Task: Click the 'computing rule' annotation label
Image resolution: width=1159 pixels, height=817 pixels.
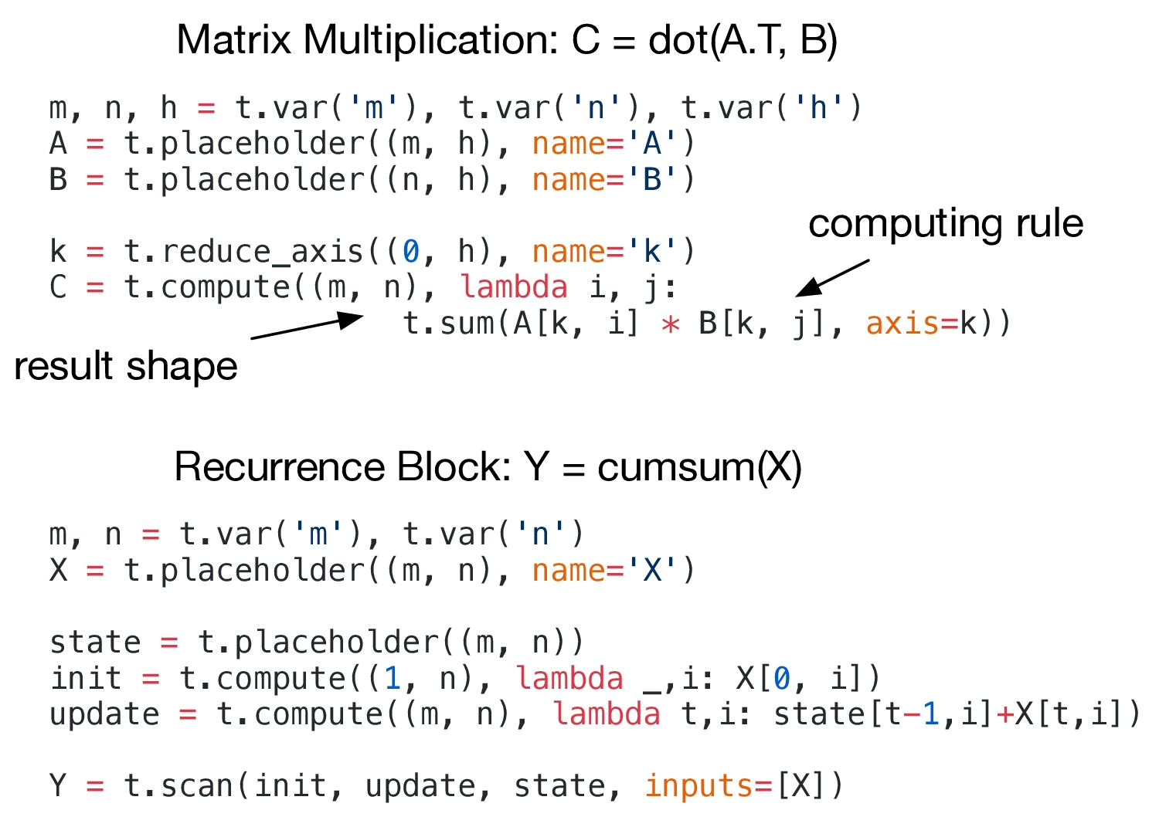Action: [946, 224]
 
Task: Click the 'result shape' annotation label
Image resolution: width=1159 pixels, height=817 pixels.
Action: [126, 366]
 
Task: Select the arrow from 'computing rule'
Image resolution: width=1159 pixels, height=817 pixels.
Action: [833, 278]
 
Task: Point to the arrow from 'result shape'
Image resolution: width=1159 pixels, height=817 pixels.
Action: [307, 327]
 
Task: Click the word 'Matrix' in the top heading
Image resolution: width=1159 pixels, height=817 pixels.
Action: [234, 40]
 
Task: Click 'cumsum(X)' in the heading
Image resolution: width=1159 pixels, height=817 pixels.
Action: [699, 467]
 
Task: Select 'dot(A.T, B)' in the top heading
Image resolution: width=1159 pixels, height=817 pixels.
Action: [743, 40]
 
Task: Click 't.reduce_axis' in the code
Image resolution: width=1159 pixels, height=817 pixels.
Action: [244, 252]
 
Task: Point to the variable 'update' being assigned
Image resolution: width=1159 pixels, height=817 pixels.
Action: [104, 714]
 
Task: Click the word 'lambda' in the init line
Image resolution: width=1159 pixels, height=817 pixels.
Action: [569, 679]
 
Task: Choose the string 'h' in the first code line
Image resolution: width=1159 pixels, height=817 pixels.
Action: [818, 108]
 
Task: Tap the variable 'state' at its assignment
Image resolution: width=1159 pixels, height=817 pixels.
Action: [95, 642]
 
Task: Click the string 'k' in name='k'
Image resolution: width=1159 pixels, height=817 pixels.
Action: [652, 252]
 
